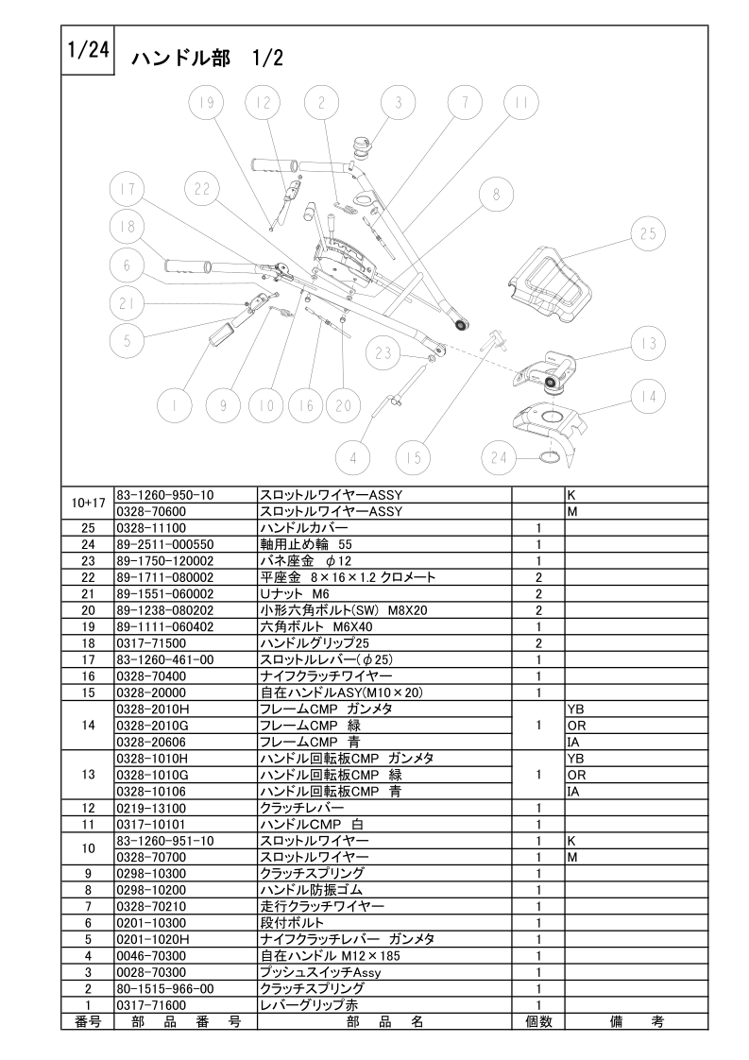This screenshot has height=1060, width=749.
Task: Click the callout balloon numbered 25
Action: coord(648,234)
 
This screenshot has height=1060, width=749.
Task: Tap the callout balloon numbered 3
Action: coord(399,103)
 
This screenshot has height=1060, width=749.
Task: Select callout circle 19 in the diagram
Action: coord(206,103)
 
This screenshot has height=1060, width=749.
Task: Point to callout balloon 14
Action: coord(648,397)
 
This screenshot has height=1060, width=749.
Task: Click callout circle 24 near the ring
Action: coord(499,458)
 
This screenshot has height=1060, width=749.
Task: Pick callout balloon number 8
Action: coord(496,195)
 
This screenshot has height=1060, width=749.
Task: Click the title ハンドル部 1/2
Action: coord(207,59)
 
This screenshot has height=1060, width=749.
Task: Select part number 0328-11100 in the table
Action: coord(151,528)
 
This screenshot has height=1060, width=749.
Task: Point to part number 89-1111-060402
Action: coord(165,626)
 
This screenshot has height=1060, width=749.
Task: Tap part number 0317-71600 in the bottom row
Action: coord(151,1005)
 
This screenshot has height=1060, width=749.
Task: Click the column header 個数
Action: coord(538,1021)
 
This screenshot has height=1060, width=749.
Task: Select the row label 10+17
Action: coord(88,503)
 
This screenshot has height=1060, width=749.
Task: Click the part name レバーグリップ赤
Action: coord(310,1005)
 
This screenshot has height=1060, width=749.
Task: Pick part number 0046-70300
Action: coord(151,956)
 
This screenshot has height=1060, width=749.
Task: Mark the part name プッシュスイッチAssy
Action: coord(320,972)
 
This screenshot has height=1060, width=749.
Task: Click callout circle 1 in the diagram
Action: coord(175,405)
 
